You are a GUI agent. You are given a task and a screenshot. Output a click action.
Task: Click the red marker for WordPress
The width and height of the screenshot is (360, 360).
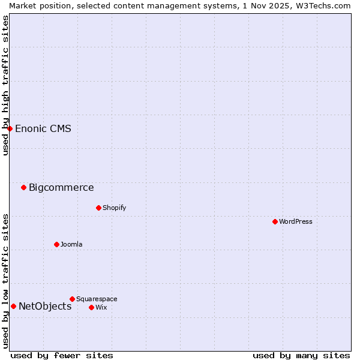(275, 221)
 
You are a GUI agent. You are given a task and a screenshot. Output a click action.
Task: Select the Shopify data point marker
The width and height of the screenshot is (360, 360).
(98, 208)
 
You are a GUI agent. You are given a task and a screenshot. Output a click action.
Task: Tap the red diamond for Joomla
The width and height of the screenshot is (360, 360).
(56, 244)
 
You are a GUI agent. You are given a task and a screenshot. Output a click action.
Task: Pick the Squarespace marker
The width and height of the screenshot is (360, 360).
(72, 299)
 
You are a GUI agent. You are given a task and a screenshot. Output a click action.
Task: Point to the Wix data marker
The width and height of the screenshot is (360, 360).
(91, 307)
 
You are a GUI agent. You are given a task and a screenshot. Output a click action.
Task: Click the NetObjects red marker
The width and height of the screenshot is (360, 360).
(13, 306)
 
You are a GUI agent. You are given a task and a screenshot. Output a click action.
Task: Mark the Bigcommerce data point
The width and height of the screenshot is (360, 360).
(23, 187)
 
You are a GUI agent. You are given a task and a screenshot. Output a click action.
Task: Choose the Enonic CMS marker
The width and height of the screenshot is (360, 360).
(10, 128)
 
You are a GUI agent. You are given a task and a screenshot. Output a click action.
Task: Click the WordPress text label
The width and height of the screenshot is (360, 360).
(296, 221)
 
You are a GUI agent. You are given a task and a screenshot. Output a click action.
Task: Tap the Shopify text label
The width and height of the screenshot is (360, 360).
(114, 208)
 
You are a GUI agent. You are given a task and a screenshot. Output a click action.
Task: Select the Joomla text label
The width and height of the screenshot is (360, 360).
(71, 244)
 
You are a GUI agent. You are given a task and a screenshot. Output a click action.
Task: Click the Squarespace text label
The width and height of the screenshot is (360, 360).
(97, 299)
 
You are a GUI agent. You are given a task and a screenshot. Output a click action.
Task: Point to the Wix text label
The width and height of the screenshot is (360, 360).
(101, 307)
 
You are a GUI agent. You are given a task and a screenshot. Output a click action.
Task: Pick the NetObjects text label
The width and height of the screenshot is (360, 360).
(45, 306)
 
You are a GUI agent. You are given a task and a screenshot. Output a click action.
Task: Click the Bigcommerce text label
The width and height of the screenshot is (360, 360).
(61, 187)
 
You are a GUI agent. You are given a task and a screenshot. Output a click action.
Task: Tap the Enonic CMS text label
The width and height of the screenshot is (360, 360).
(43, 128)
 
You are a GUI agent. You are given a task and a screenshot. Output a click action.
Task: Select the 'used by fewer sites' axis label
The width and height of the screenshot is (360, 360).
(62, 355)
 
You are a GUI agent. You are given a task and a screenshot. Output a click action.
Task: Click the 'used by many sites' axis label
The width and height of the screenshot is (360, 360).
(301, 355)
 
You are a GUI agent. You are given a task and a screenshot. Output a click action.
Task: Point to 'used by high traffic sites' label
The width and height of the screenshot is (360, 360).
(5, 85)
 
